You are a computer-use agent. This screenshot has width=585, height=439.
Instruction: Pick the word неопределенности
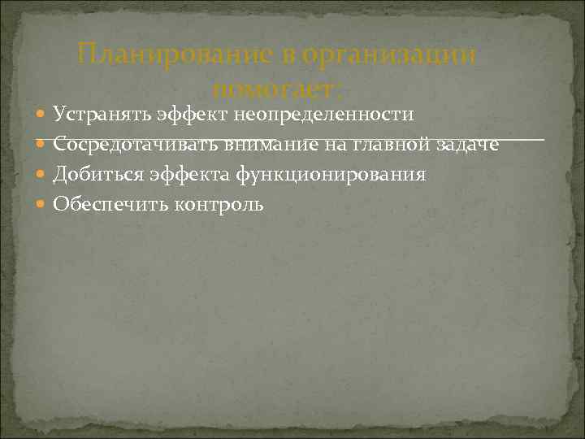pos(325,113)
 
